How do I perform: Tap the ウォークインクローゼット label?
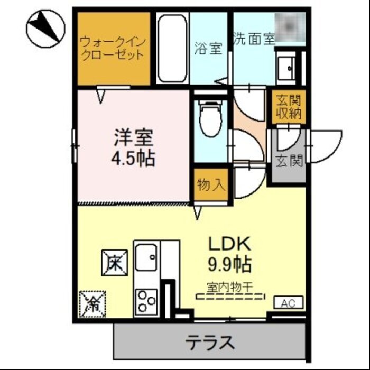[x=112, y=48]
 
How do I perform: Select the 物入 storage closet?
[x=211, y=185]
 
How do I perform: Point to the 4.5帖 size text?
[x=134, y=159]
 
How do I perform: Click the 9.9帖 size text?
[x=228, y=263]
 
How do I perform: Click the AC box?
[x=288, y=303]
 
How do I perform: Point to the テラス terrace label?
[x=210, y=343]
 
